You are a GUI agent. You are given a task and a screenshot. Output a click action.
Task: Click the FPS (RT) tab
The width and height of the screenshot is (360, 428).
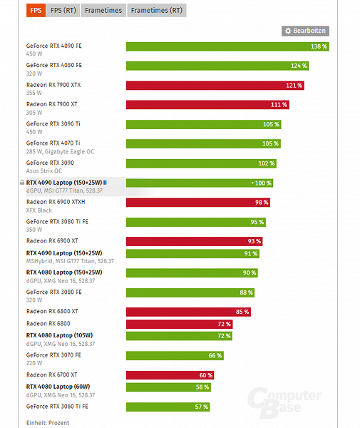pos(63,11)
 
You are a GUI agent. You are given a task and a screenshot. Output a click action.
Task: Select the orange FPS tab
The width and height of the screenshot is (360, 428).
pos(34,11)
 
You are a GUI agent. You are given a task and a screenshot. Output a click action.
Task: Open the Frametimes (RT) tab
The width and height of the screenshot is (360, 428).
pos(156,11)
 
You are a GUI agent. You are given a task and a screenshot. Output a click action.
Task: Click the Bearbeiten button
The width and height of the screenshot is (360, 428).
pos(305,31)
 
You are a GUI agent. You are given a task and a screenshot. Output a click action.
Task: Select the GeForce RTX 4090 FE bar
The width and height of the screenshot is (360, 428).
pos(227,46)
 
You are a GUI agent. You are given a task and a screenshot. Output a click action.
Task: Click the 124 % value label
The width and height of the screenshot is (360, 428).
pos(299,66)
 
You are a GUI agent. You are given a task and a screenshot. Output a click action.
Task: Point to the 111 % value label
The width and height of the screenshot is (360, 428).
pos(279,104)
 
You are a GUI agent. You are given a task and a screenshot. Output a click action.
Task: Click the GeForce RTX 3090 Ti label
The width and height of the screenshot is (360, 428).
pos(53,123)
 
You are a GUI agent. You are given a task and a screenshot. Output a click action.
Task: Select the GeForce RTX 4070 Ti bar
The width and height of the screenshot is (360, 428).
pos(203,143)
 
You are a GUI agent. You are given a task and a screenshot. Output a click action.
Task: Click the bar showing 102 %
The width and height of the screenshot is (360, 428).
pos(200,163)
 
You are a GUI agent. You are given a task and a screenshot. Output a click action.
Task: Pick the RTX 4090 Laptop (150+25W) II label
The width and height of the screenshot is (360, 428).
pos(66,182)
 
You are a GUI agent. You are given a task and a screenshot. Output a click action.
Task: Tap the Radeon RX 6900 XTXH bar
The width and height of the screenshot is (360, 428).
pos(197,202)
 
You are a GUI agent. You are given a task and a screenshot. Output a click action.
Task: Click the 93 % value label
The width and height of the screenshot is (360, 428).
pos(254,240)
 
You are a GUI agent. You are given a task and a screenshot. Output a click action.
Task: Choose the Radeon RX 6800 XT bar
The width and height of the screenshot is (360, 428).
pos(188,311)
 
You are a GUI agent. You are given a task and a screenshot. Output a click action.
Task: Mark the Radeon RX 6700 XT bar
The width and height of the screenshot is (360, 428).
pos(170,374)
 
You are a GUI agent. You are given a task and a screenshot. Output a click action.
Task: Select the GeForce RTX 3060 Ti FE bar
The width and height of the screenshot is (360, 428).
pos(168,407)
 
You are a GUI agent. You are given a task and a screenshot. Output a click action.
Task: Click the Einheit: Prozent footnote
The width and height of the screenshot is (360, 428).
pos(48,423)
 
